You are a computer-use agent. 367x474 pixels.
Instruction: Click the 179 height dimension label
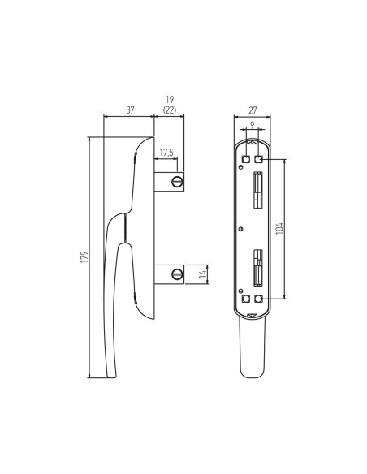coord(84,256)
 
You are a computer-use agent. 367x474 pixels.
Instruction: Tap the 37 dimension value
coord(130,110)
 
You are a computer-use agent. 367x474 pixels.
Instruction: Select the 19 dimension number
coord(170,100)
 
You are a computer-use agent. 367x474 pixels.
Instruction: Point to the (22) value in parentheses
coord(170,110)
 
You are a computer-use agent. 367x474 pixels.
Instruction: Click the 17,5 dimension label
coord(166,153)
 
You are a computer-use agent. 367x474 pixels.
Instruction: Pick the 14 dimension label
coord(203,274)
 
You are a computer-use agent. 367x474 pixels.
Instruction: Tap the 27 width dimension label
coord(253,110)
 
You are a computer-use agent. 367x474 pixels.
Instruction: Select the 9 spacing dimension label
coord(253,124)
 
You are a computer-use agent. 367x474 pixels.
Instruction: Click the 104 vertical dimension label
coord(279,228)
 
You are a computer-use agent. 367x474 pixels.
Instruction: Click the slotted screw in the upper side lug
coord(176,182)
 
